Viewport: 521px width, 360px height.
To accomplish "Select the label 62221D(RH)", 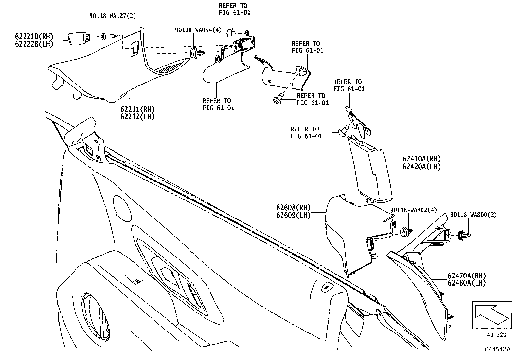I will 34,36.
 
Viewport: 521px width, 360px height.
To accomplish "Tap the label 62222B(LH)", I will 34,44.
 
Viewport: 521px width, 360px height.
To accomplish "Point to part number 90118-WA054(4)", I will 198,30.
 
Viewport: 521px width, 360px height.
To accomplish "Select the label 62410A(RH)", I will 422,159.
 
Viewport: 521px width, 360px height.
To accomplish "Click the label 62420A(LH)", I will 422,167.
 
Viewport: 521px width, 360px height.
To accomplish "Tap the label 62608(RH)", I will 293,208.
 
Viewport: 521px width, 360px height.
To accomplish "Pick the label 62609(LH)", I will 293,215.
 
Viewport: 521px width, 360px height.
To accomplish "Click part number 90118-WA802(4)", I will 413,210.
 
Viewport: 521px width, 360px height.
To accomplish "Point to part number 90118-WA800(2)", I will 473,215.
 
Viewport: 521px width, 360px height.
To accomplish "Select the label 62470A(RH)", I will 467,275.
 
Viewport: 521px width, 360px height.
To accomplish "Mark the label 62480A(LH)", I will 467,283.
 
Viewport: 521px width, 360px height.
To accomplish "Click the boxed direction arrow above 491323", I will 492,315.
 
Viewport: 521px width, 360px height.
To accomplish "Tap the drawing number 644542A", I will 498,349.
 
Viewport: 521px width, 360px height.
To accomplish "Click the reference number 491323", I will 496,335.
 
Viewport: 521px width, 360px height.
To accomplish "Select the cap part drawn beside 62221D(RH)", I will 79,39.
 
